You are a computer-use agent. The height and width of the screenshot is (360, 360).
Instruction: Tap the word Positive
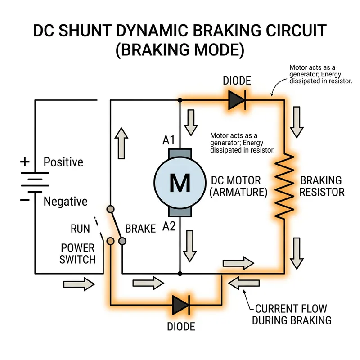63,162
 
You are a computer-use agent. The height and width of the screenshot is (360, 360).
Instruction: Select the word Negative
65,202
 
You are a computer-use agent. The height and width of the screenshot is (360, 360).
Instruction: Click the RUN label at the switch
81,229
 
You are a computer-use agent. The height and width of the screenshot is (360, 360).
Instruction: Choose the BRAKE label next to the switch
140,229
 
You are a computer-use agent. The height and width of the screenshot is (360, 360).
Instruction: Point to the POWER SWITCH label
78,253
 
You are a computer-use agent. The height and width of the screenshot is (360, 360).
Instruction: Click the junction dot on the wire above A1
180,99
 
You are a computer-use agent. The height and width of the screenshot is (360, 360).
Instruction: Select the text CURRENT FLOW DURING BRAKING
292,315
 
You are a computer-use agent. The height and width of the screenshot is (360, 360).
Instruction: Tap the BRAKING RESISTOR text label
322,186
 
